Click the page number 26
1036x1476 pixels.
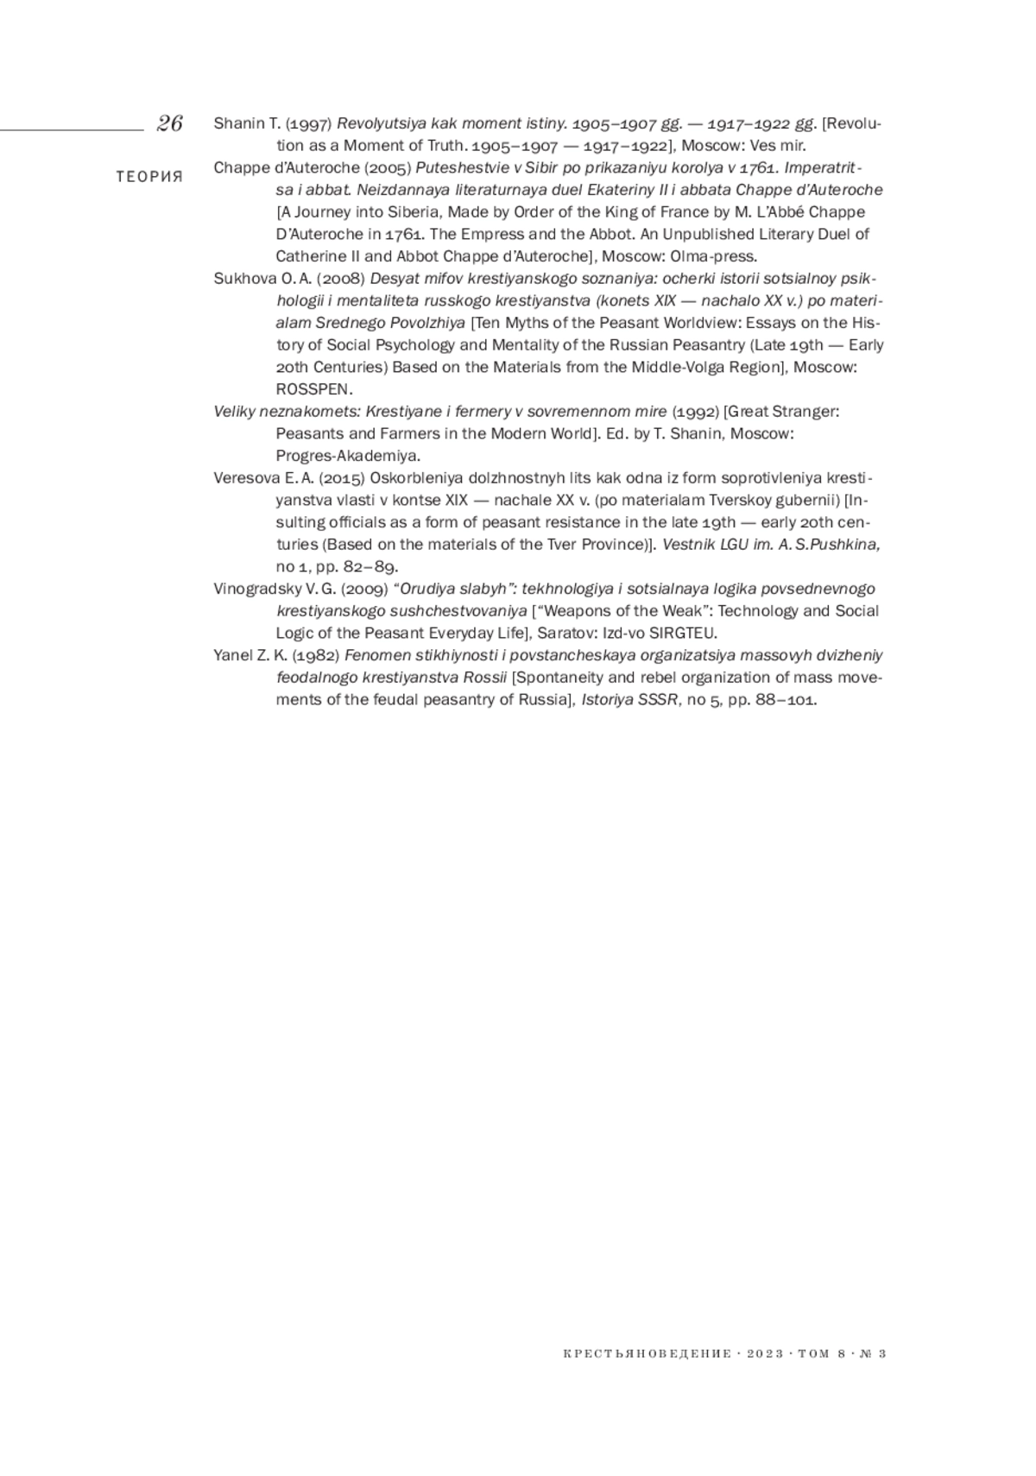169,123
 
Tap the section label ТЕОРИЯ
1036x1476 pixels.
149,177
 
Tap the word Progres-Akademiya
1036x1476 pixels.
347,456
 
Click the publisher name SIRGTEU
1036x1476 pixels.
685,634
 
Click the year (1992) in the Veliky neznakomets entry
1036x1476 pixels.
695,412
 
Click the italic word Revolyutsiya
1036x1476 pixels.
380,123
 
